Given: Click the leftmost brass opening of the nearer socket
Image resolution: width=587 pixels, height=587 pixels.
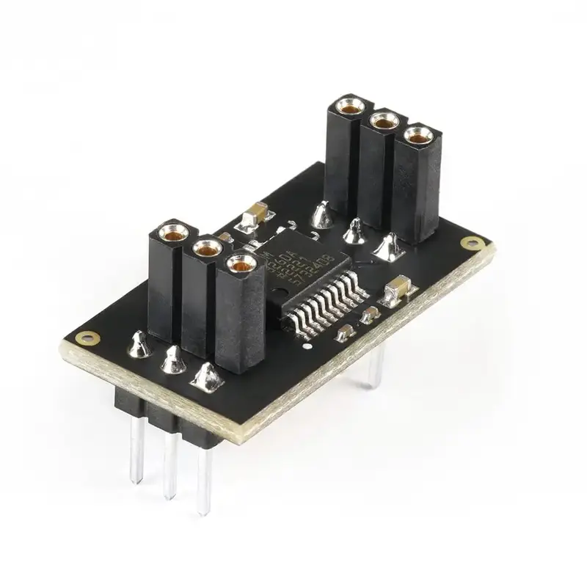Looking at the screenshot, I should [x=172, y=235].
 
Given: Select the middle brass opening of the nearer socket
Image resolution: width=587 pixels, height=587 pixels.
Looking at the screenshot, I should [x=208, y=249].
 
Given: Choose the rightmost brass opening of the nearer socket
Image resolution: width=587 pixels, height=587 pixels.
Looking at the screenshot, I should [x=239, y=264].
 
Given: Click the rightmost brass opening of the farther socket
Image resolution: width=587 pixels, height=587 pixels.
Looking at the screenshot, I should [x=418, y=136].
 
